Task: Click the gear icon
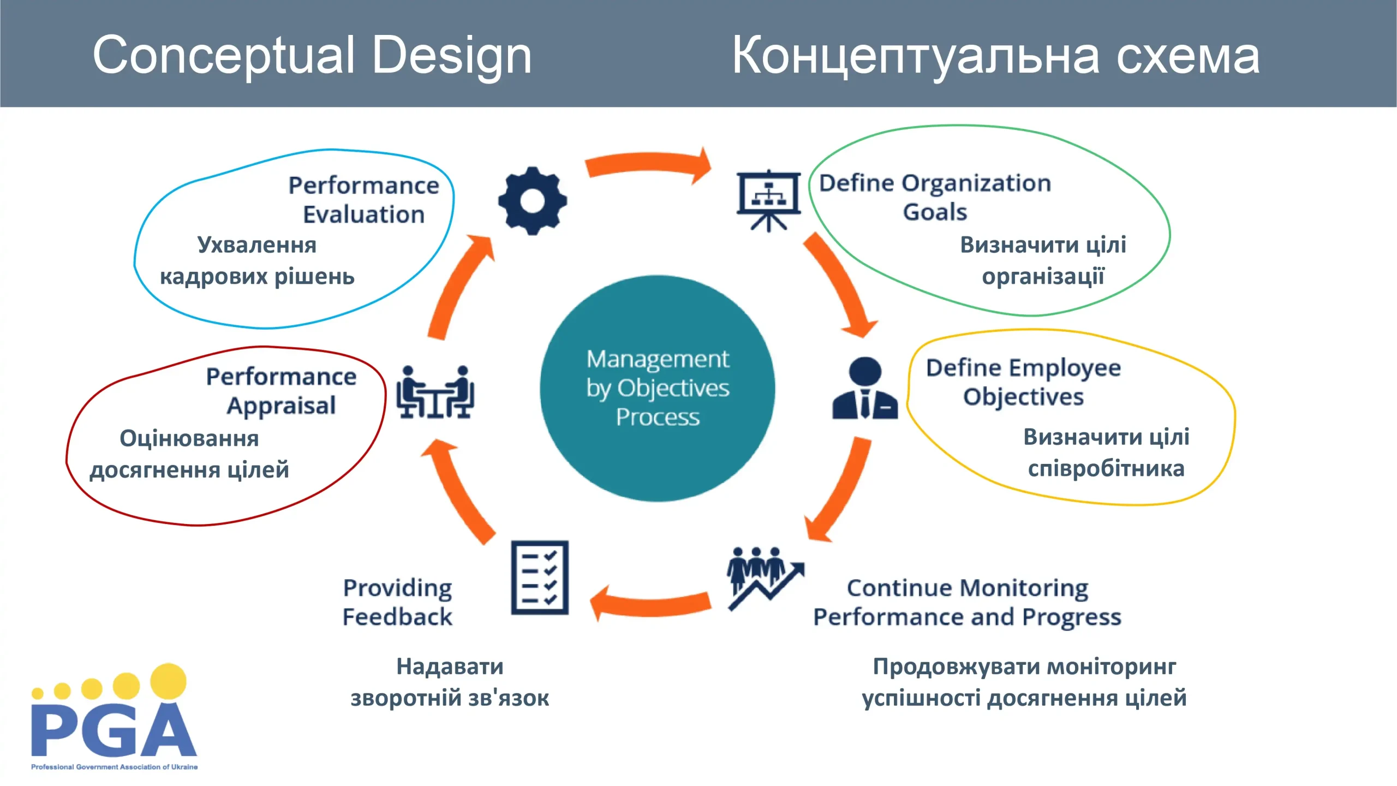click(532, 201)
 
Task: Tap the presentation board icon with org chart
click(768, 200)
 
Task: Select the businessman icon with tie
click(865, 389)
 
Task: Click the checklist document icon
click(540, 577)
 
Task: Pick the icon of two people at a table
click(435, 392)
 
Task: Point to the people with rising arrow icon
click(764, 579)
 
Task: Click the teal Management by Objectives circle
click(658, 389)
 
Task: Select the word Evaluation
click(363, 215)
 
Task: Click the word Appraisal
click(281, 406)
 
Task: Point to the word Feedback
click(397, 617)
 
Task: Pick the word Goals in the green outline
click(935, 212)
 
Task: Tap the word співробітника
click(1106, 469)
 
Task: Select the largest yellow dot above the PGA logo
click(168, 681)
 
